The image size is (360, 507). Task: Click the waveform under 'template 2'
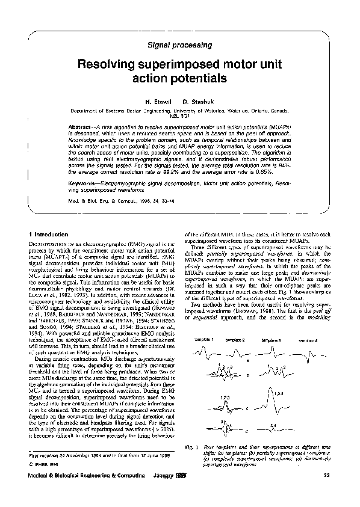pos(235,352)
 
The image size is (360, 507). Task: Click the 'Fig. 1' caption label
pos(190,447)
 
